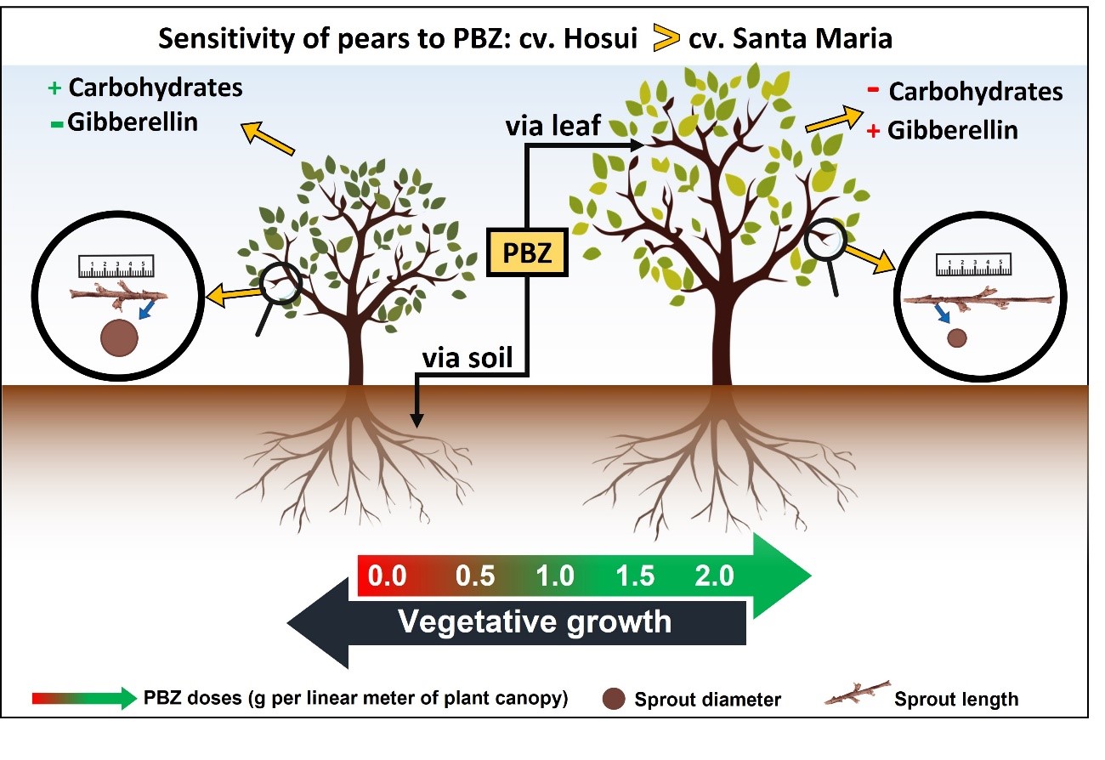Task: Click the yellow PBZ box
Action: tap(526, 252)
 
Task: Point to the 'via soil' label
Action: tap(468, 358)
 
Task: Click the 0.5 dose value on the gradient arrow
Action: tap(475, 576)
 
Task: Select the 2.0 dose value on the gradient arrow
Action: tap(713, 576)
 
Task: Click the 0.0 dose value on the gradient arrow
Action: tap(387, 576)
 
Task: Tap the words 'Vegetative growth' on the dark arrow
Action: tap(535, 621)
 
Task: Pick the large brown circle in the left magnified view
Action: tap(119, 337)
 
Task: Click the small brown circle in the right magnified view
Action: tap(957, 338)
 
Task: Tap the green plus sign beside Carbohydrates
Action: tap(56, 88)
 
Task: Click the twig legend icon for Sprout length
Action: tap(856, 695)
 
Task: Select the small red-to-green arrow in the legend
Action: tap(83, 699)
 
